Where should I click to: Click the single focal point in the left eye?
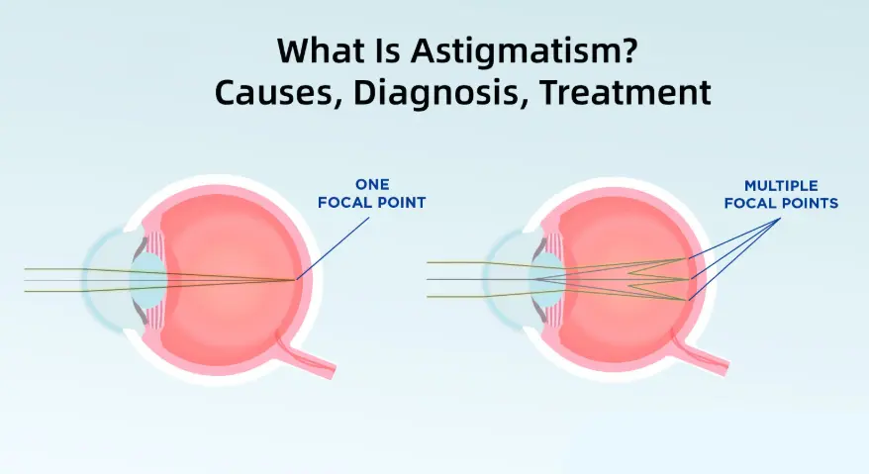(297, 280)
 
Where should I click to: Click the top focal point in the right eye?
(687, 259)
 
